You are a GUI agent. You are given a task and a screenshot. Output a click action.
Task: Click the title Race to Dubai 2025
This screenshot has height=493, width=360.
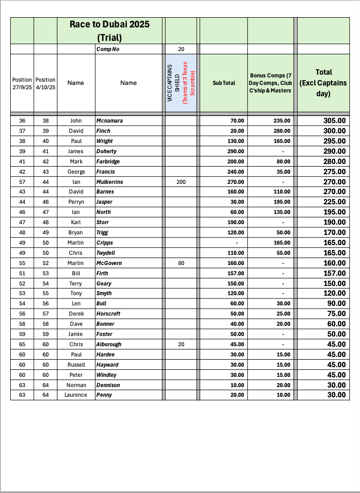click(x=110, y=24)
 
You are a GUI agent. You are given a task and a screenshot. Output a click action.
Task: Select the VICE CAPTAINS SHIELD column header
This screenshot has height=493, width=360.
click(x=181, y=83)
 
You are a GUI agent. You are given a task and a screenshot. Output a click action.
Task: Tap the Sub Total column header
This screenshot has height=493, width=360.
click(x=224, y=83)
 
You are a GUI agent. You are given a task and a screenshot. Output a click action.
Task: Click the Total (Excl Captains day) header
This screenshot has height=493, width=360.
click(x=323, y=83)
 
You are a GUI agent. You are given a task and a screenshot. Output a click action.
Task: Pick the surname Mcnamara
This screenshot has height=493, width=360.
click(x=110, y=120)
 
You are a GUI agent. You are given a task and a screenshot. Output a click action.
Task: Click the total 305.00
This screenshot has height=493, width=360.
click(x=334, y=120)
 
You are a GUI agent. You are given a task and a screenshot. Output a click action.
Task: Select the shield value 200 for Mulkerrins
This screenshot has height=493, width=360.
click(x=181, y=182)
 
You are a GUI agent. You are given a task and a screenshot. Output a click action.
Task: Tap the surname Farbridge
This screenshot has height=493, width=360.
click(x=108, y=161)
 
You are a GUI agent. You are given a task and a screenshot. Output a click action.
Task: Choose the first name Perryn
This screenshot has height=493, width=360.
click(x=76, y=202)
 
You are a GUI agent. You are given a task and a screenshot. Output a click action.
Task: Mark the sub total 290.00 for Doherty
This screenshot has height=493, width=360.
click(x=234, y=151)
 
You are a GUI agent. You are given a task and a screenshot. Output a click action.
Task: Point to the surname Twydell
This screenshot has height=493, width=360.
click(x=106, y=253)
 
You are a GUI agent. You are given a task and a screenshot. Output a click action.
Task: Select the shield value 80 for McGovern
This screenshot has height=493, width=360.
click(x=181, y=263)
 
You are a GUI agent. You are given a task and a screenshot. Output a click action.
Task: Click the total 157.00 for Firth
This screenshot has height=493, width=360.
click(x=334, y=273)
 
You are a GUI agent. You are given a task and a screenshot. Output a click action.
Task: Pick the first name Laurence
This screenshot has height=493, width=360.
click(x=76, y=395)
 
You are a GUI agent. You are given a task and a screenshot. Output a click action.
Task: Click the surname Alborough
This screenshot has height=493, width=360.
click(x=109, y=345)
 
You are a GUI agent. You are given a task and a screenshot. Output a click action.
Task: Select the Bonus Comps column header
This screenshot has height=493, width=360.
click(x=271, y=83)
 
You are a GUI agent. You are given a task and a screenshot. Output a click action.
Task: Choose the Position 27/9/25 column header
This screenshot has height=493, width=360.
click(x=22, y=83)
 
